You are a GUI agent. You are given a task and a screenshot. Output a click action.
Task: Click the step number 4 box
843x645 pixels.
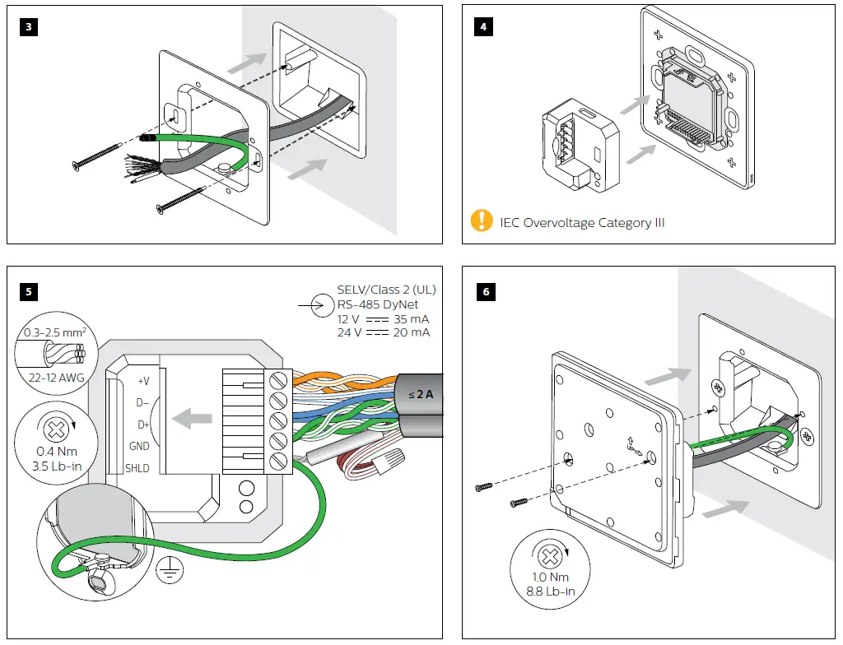pos(482,26)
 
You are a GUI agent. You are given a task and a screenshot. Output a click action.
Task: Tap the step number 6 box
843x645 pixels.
pos(482,291)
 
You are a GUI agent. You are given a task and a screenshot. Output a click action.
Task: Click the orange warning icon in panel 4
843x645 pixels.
pos(481,221)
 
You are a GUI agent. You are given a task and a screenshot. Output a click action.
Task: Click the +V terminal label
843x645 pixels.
pos(143,381)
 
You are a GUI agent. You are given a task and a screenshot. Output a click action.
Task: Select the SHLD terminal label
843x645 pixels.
pos(137,468)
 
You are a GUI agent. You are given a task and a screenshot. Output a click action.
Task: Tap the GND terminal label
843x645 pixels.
pos(139,446)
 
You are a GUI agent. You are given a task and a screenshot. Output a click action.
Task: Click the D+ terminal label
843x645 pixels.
pos(142,425)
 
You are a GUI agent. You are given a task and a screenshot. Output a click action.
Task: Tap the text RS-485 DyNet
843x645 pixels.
pos(378,304)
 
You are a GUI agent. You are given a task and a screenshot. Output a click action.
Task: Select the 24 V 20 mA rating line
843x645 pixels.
pos(383,332)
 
